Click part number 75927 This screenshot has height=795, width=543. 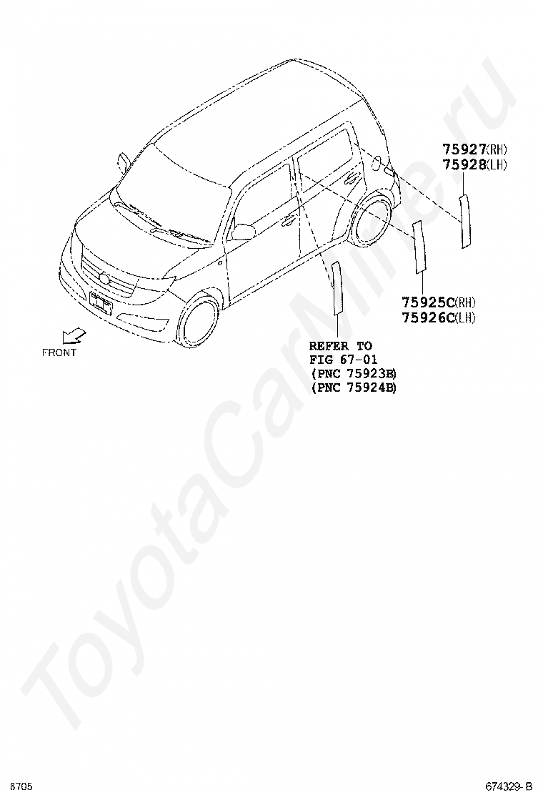pos(464,149)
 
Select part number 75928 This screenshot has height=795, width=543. pos(464,165)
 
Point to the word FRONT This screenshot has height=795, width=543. pos(59,352)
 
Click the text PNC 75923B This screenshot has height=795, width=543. pos(354,373)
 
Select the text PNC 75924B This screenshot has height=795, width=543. pos(354,387)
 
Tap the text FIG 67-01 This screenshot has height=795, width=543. pos(344,359)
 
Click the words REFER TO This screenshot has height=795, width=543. pos(341,345)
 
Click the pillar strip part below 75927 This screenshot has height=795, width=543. pos(465,221)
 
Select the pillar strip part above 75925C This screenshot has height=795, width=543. pos(419,247)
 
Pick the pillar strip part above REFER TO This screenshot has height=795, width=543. pos(337,288)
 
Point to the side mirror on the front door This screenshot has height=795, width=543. pos(243,231)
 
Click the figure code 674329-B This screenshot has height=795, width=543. pos(509,786)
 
